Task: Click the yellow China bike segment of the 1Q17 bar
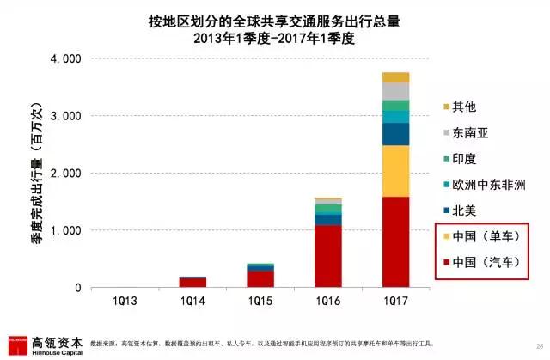click(383, 171)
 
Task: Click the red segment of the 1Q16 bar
click(316, 256)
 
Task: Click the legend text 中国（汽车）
click(483, 262)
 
